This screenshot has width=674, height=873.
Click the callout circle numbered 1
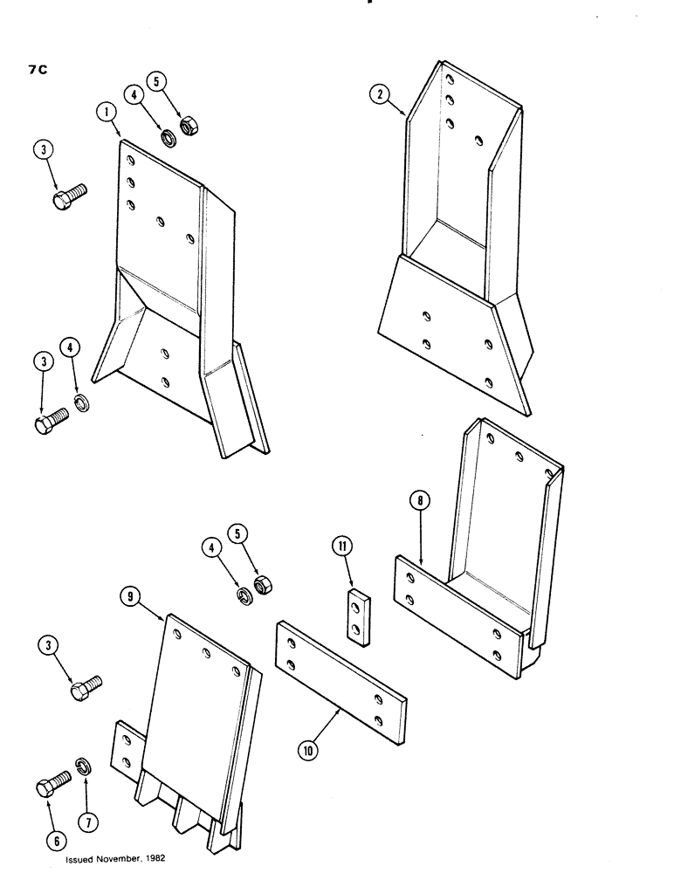tap(104, 113)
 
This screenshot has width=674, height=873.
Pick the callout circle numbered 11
tap(340, 549)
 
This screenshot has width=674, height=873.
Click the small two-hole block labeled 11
tap(355, 615)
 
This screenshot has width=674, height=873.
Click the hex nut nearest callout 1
tap(187, 127)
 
